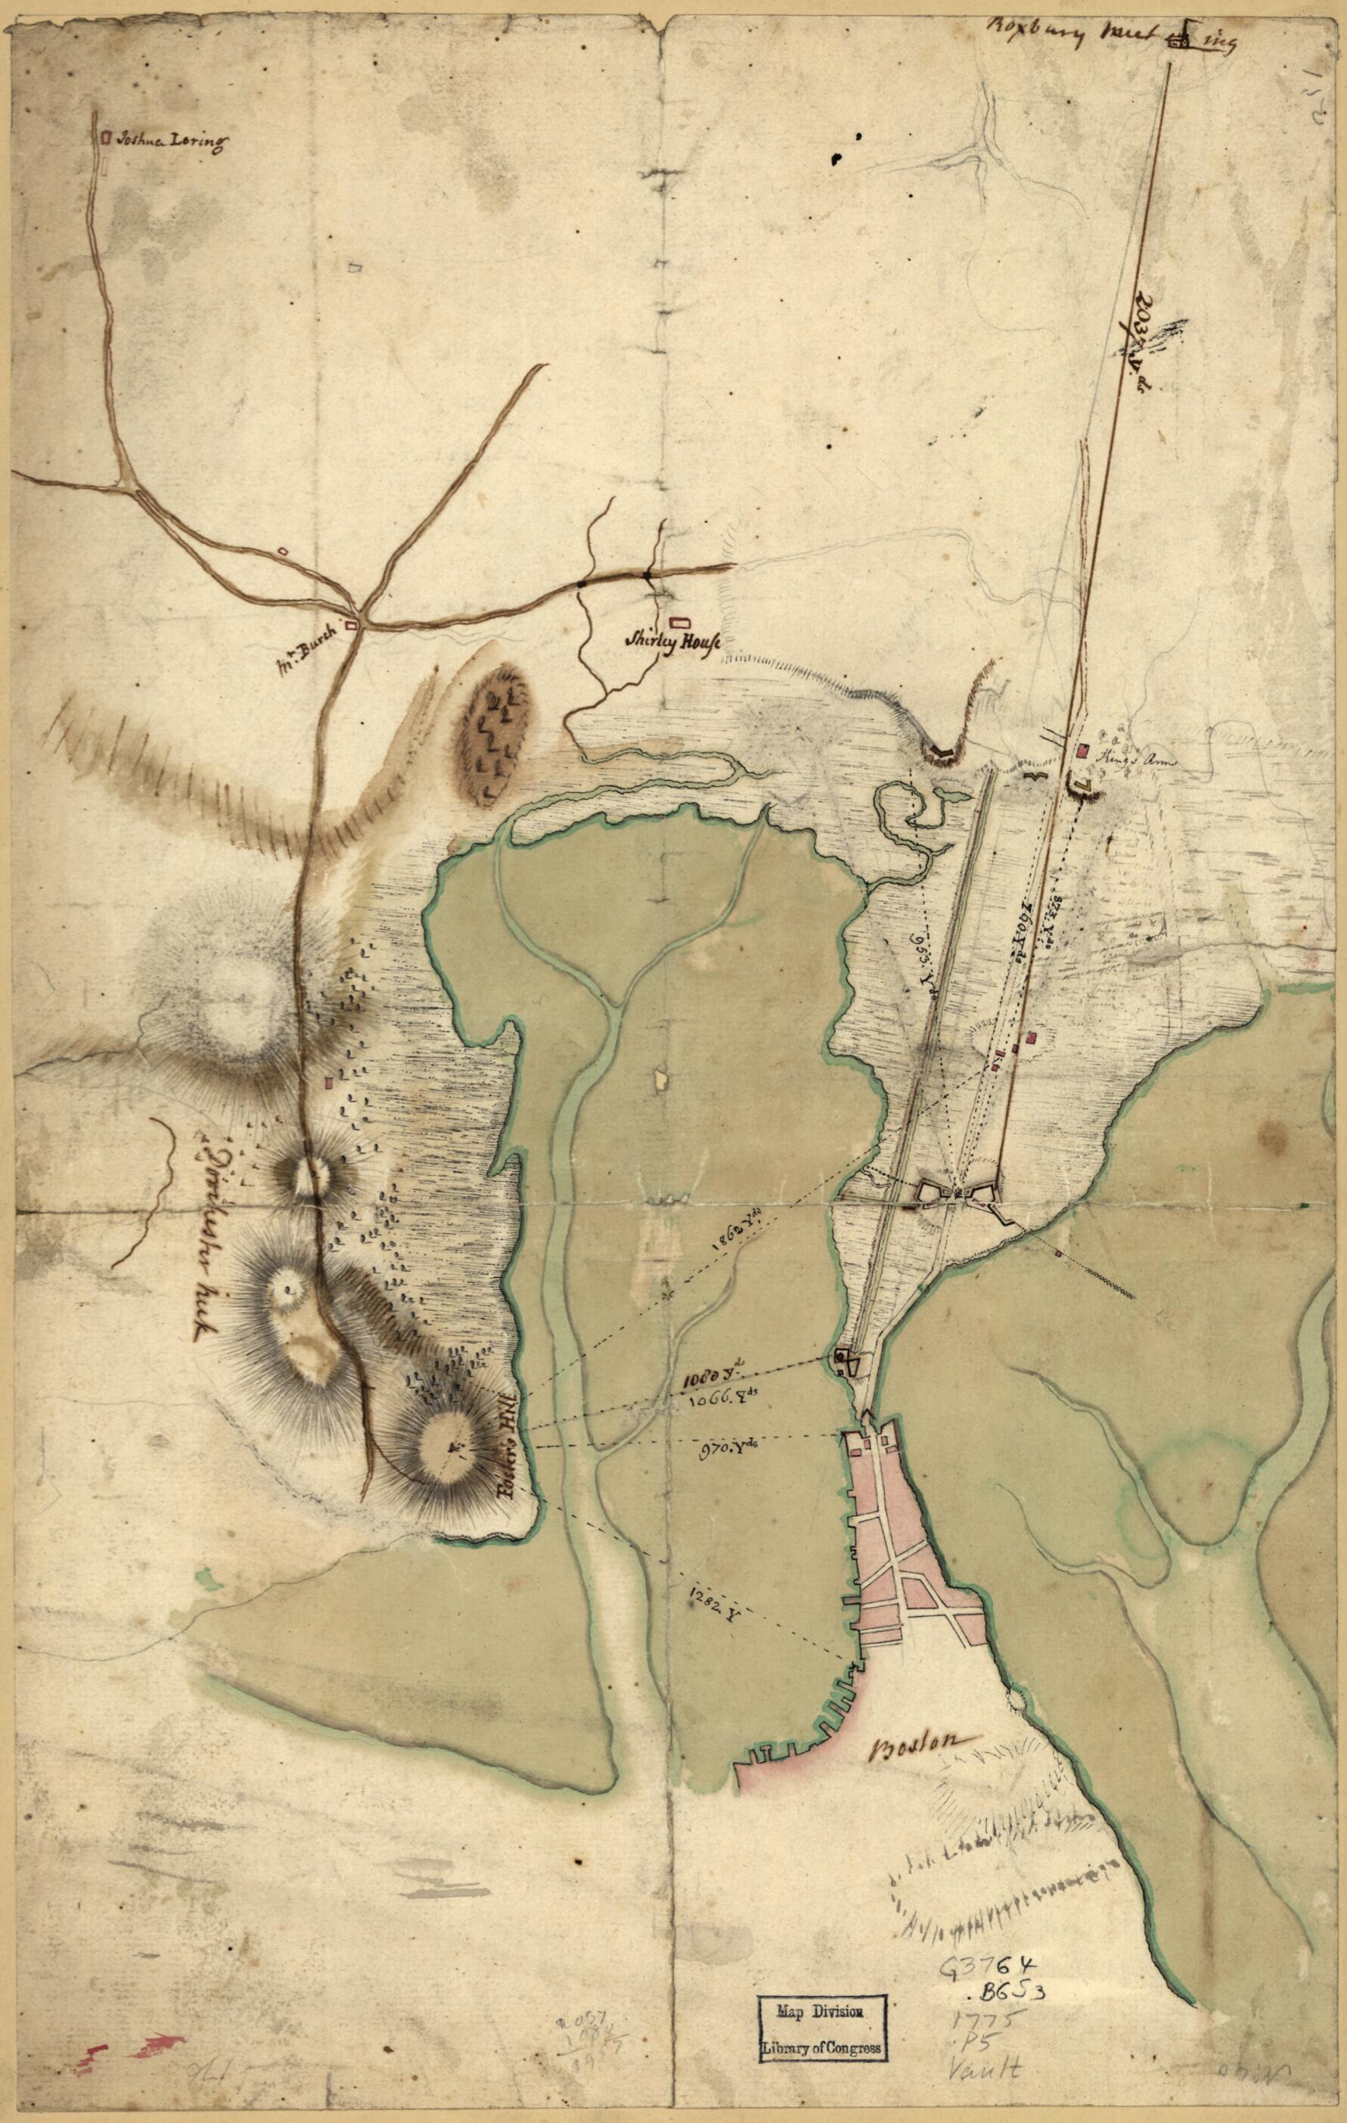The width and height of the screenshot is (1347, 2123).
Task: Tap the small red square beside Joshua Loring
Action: tap(107, 138)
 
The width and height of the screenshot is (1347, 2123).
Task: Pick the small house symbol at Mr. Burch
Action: tap(352, 624)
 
